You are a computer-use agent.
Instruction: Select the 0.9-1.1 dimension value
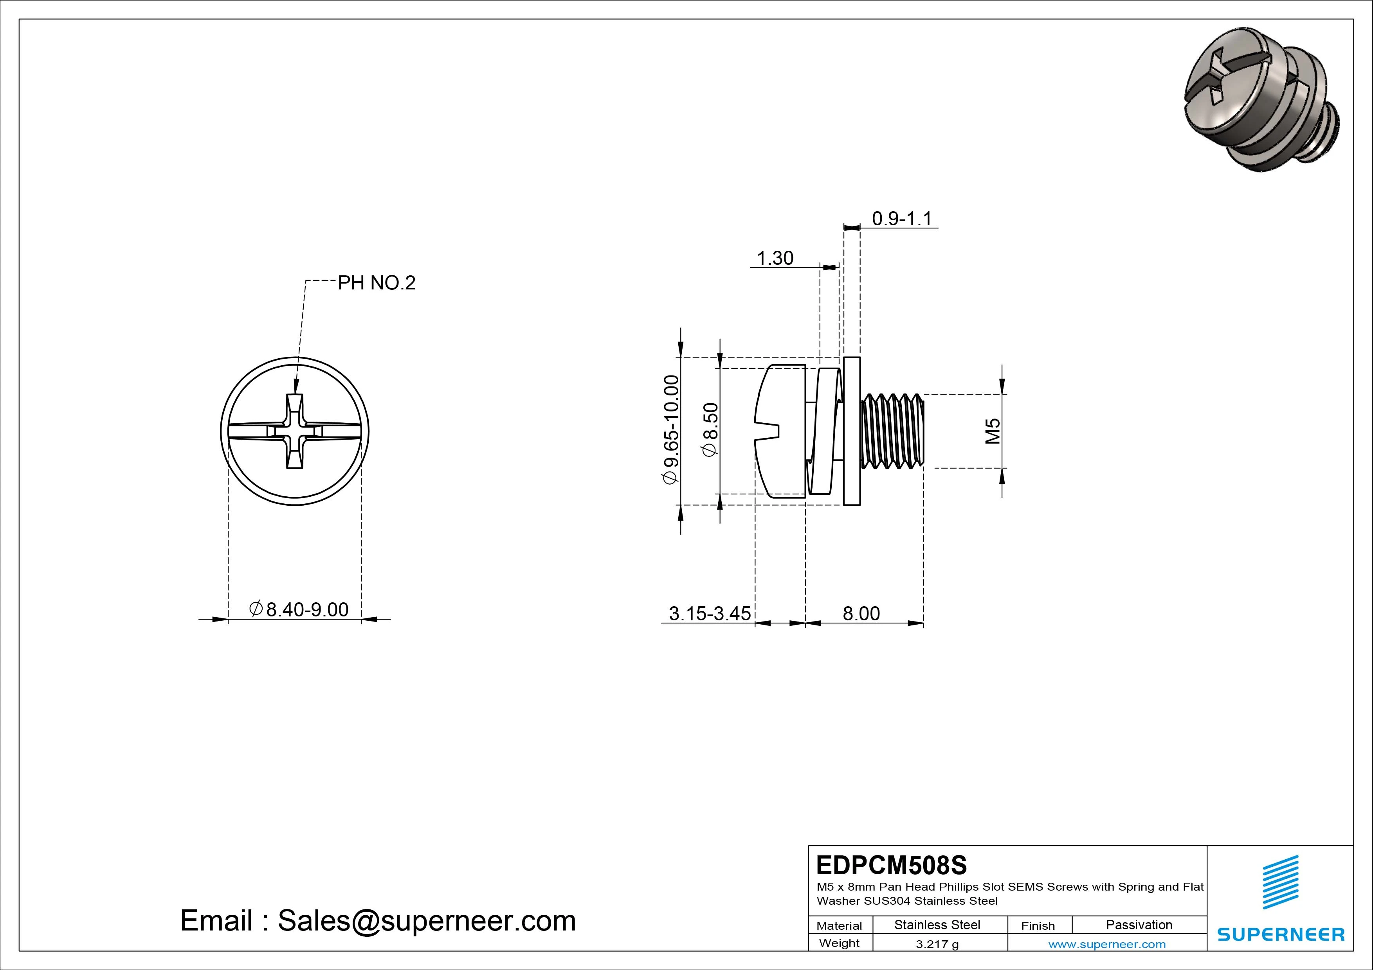click(901, 219)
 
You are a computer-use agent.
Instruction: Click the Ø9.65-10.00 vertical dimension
click(672, 429)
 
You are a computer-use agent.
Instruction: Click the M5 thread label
click(993, 431)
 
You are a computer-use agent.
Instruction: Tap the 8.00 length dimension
click(861, 613)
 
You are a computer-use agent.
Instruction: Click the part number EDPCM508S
click(891, 865)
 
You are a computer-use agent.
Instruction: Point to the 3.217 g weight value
click(937, 944)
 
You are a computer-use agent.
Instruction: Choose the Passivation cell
click(1139, 925)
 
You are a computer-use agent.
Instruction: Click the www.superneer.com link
click(1107, 944)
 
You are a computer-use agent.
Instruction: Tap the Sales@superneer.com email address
click(426, 920)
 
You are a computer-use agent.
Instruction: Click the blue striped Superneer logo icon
click(1280, 882)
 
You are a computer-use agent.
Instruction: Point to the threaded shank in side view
click(893, 430)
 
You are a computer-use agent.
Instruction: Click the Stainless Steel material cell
click(937, 925)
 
